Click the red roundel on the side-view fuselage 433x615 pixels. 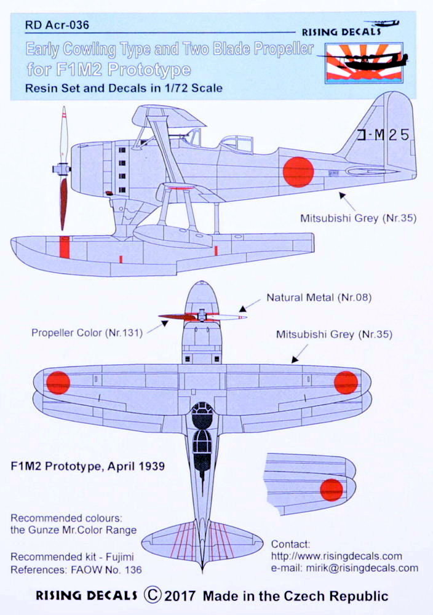[298, 172]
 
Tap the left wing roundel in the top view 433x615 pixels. [58, 382]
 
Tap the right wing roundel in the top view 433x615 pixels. [346, 382]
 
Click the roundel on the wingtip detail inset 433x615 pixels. [331, 490]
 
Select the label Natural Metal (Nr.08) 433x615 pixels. [311, 298]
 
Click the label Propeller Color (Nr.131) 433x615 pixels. [87, 333]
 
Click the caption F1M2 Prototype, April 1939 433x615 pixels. [87, 466]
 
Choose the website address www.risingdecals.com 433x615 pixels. [336, 556]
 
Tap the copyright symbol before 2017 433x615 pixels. [153, 595]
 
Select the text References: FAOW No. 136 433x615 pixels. [76, 569]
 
